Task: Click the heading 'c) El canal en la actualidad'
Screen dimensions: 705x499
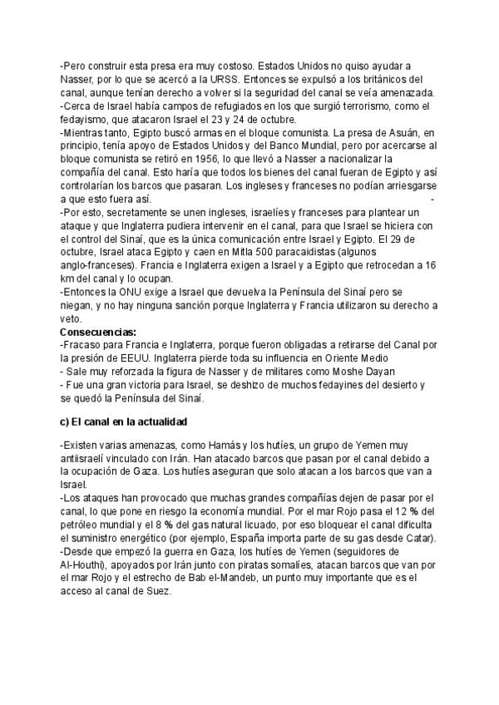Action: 124,422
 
